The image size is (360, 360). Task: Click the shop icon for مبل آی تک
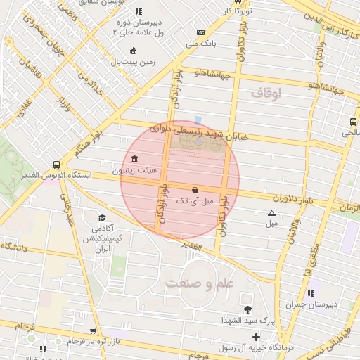pyautogui.click(x=195, y=190)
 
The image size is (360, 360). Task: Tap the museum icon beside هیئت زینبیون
pyautogui.click(x=134, y=158)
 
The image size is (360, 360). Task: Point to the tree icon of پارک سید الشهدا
pyautogui.click(x=247, y=310)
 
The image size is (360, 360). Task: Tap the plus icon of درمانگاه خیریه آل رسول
pyautogui.click(x=256, y=337)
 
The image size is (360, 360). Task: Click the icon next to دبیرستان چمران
pyautogui.click(x=310, y=293)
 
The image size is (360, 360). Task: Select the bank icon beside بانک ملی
pyautogui.click(x=201, y=33)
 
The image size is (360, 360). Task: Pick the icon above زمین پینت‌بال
pyautogui.click(x=134, y=50)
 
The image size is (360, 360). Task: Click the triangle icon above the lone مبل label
pyautogui.click(x=271, y=213)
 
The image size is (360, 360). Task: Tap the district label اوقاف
pyautogui.click(x=265, y=92)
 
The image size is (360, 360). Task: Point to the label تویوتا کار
pyautogui.click(x=236, y=11)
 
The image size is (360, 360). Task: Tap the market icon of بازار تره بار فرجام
pyautogui.click(x=93, y=331)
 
